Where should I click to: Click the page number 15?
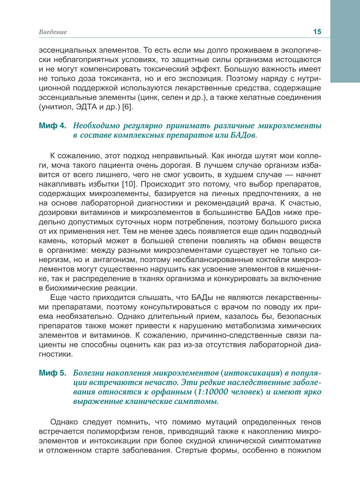point(317,32)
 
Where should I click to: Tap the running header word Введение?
point(53,32)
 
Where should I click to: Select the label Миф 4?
point(52,126)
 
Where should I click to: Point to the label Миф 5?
point(52,373)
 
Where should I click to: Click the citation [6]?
point(127,107)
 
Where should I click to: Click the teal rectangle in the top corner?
point(345,41)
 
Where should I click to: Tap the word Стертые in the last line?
point(191,450)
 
